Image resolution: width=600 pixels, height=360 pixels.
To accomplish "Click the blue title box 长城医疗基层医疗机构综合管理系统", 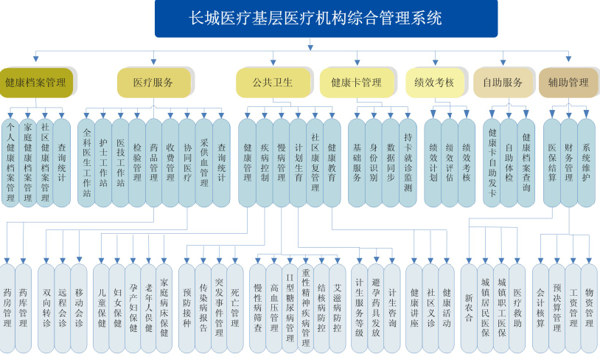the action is (326, 18).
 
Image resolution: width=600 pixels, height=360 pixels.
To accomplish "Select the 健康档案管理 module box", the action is (36, 83).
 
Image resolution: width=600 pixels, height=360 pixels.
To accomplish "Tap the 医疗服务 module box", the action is (153, 83).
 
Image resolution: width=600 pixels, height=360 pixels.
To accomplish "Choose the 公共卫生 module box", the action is (273, 83).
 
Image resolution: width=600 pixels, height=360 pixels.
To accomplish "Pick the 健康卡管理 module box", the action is (357, 83).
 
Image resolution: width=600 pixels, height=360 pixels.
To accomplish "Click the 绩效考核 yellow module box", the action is (435, 83).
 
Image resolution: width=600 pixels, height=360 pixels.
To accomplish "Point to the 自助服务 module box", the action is (503, 83).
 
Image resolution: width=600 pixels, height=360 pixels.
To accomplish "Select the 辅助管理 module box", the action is (568, 83).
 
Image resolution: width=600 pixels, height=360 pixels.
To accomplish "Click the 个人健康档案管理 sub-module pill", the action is (10, 163).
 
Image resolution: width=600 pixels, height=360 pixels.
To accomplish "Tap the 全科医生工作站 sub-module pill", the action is (86, 163).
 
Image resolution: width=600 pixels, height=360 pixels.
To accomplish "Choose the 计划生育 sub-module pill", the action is (298, 163).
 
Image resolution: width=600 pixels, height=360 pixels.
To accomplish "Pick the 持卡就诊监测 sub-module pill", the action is (408, 163).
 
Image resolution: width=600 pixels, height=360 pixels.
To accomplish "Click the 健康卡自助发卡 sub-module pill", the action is (492, 163).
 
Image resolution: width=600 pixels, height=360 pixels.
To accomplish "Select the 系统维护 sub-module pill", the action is (586, 163).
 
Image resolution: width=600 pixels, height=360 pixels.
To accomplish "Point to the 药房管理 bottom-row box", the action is (7, 308).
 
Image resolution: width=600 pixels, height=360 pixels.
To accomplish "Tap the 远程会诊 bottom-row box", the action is (63, 308).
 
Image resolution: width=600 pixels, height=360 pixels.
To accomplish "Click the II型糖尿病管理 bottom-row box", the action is (290, 308).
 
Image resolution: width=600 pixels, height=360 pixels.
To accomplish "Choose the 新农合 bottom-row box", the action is (469, 308).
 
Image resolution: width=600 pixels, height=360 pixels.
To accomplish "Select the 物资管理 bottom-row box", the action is (589, 308).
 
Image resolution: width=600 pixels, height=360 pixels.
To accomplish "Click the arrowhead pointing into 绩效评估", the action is (450, 114).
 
